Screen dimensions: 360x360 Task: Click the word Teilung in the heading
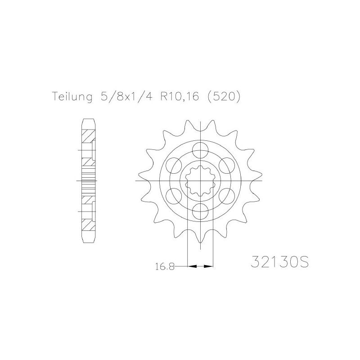(x=72, y=97)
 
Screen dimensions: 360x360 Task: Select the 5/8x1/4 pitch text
(x=126, y=96)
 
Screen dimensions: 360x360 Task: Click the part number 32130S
(x=279, y=261)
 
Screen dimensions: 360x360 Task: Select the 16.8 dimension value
(x=165, y=267)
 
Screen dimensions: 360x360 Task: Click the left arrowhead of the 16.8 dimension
(x=193, y=266)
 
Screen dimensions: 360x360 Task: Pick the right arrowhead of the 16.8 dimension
(x=208, y=266)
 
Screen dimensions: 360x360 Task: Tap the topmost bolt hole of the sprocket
(x=200, y=150)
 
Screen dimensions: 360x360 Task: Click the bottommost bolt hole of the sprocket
(x=200, y=211)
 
